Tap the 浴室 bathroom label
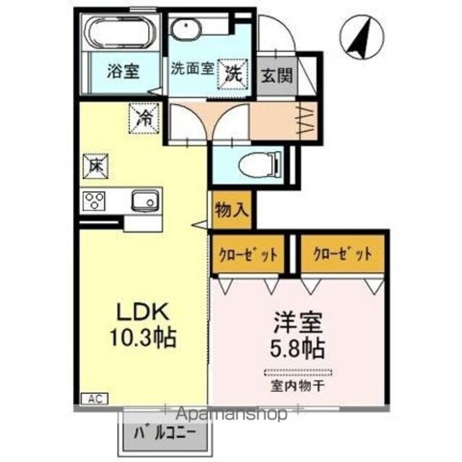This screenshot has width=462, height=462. tap(123, 72)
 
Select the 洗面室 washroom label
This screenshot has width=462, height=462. tap(191, 69)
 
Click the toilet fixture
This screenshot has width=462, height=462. tap(256, 164)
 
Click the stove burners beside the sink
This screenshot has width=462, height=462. tap(95, 200)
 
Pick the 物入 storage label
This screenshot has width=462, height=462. tap(232, 212)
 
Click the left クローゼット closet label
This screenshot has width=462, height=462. tap(247, 254)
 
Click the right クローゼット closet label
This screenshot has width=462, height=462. tap(342, 254)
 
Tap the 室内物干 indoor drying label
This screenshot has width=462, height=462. tap(297, 385)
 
